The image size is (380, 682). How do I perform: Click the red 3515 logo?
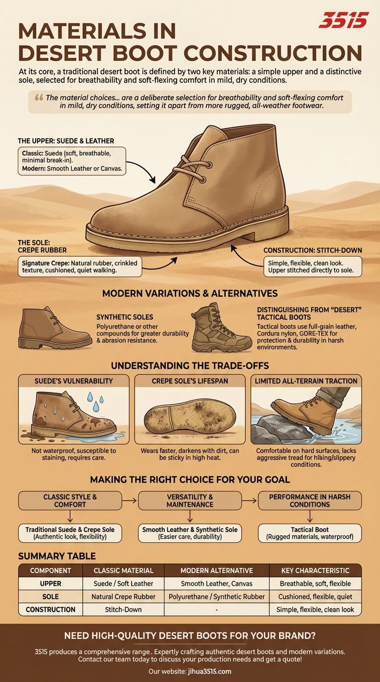coord(343,20)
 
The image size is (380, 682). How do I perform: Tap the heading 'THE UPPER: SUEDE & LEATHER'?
coord(66,141)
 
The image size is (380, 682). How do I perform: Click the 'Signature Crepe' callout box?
coord(80,267)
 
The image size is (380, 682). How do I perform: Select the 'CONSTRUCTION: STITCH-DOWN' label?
coord(313,250)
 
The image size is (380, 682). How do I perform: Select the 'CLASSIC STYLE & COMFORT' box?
coord(70,501)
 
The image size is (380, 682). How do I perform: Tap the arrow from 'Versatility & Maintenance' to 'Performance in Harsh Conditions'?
coord(249,500)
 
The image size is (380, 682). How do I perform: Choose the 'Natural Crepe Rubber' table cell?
coord(123,596)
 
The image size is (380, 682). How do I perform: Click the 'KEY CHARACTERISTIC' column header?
coord(315,570)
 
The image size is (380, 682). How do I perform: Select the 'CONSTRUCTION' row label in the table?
coord(50,610)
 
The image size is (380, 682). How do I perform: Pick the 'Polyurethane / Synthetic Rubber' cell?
coord(217,596)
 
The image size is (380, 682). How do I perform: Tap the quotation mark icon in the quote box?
coord(39,98)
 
